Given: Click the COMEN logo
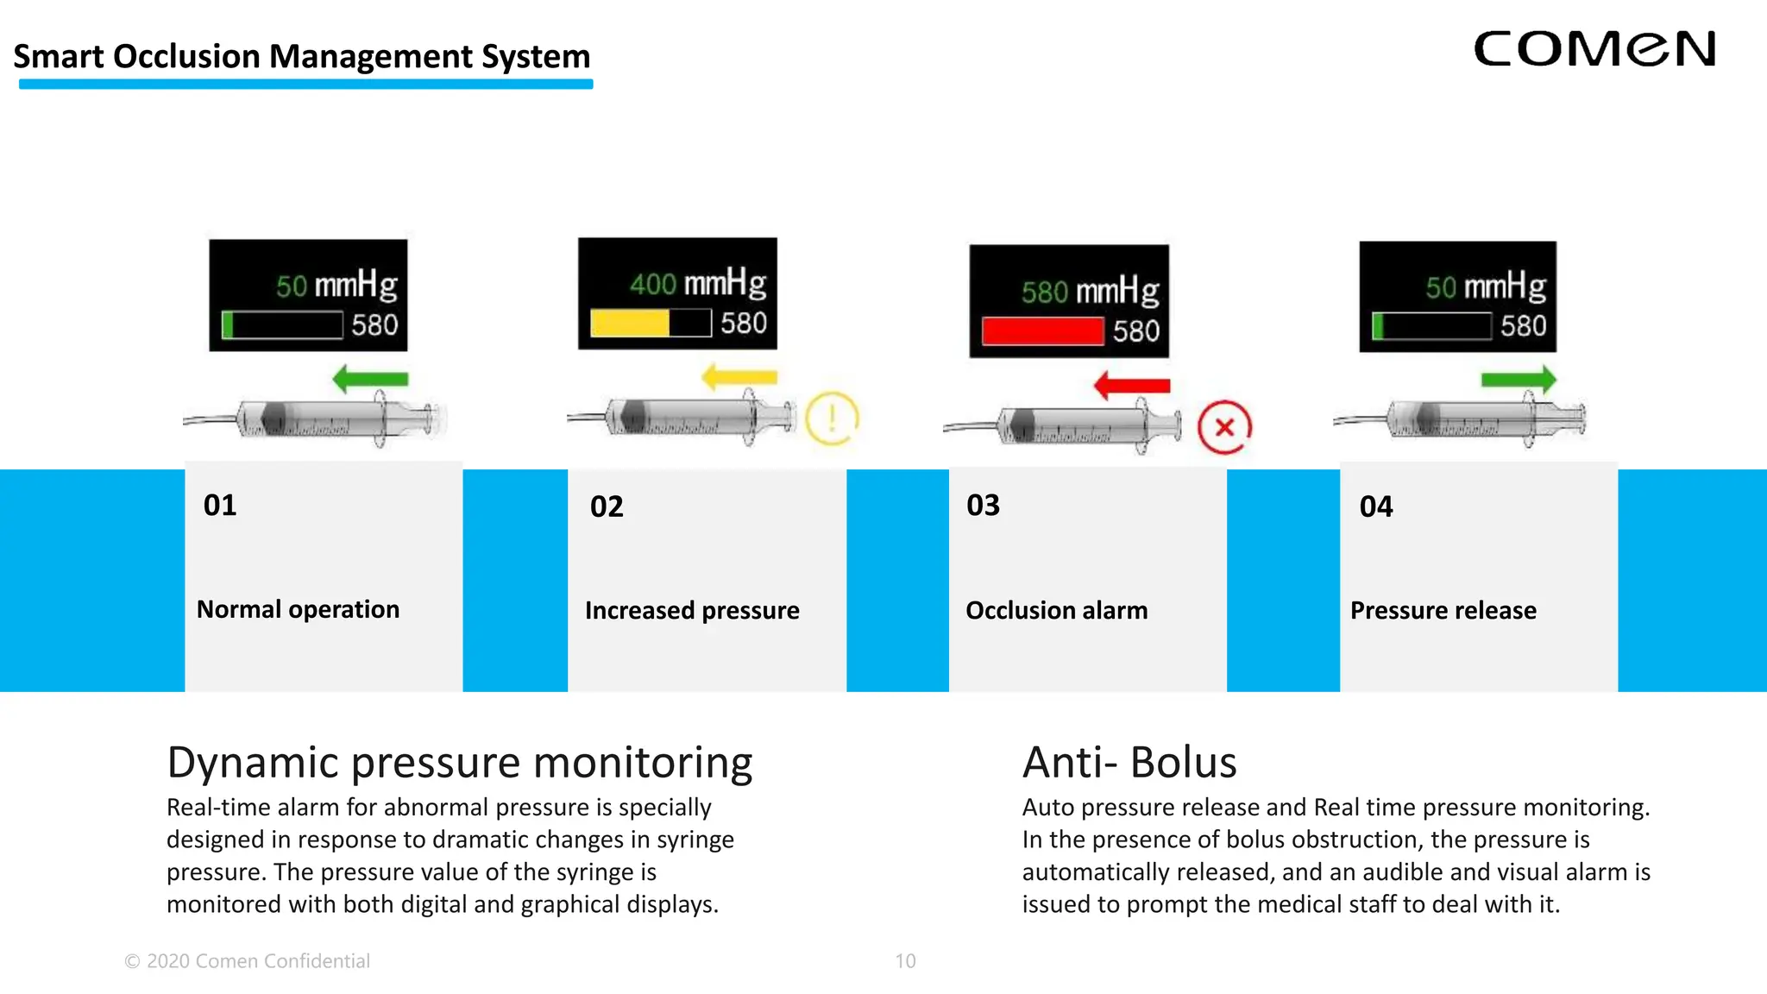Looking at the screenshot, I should tap(1594, 49).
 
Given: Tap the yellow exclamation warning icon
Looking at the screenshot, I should tap(832, 418).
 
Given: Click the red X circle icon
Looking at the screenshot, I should tap(1223, 427).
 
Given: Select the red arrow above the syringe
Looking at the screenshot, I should tap(1131, 385).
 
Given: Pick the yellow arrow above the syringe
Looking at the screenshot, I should tap(739, 377).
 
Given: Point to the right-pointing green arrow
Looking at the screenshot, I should tap(1519, 379).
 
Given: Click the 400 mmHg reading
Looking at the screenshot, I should tap(697, 283).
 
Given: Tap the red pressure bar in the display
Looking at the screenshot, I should tap(1042, 331).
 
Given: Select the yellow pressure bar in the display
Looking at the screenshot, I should tap(630, 324).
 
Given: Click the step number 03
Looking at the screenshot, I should tap(983, 506).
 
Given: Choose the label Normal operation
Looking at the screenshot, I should tap(298, 609).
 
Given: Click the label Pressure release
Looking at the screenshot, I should tap(1443, 611).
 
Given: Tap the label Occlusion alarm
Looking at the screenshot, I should tap(1056, 611).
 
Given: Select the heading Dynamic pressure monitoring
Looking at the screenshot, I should tap(459, 763).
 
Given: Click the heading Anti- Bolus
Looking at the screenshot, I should tap(1129, 763).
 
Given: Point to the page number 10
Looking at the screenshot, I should tap(905, 961).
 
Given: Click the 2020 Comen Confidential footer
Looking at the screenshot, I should tap(248, 961).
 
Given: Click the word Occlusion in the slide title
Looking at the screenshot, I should tap(186, 57).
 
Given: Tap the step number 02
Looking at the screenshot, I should tap(607, 506).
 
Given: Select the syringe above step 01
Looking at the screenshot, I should tap(315, 419).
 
